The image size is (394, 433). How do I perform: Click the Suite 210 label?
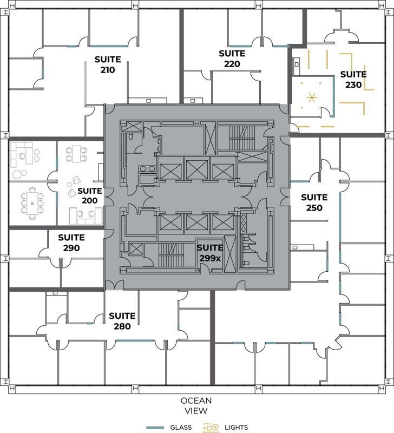click(x=107, y=64)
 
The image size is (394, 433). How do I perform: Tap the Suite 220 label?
click(x=232, y=58)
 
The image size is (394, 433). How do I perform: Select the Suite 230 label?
click(x=353, y=80)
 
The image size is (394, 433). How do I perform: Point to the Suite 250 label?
click(x=314, y=202)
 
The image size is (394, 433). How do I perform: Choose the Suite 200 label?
click(x=89, y=195)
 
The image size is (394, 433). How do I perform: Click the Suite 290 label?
click(x=71, y=242)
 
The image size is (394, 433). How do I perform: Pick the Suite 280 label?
click(x=122, y=321)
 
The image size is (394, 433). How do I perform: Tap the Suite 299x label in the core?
click(x=209, y=252)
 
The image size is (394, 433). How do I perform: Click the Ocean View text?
click(x=196, y=405)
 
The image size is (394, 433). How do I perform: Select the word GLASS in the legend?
click(x=181, y=427)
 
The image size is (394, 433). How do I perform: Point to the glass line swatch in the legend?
click(x=155, y=428)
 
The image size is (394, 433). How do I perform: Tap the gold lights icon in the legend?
click(x=211, y=427)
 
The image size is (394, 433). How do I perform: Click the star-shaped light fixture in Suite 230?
click(x=311, y=98)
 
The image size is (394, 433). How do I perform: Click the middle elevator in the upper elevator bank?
click(x=196, y=169)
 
